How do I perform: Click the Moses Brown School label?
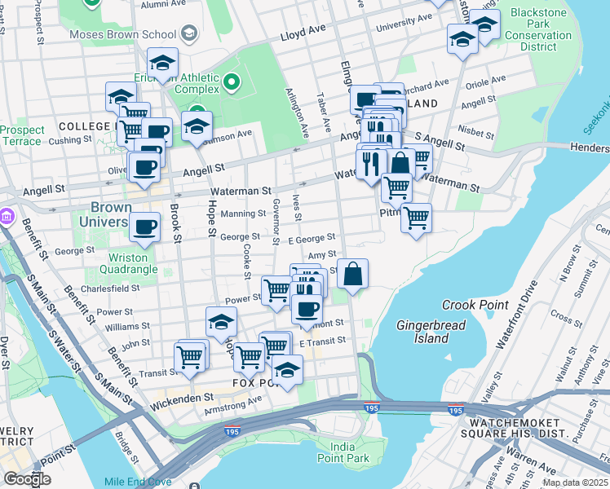click(x=122, y=34)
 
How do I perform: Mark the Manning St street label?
click(x=244, y=214)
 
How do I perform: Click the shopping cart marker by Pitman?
click(x=416, y=218)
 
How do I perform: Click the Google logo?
click(x=27, y=478)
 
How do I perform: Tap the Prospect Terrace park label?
click(x=22, y=135)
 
